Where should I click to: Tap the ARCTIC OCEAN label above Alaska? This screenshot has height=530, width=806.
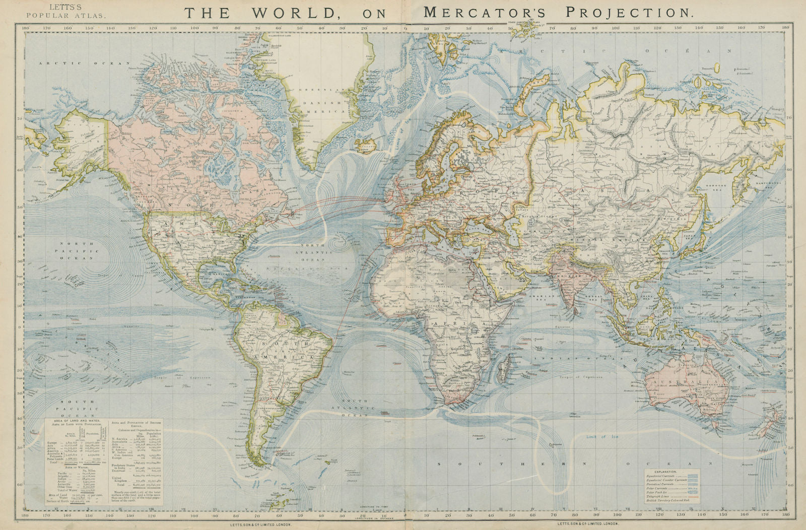[x=82, y=63]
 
